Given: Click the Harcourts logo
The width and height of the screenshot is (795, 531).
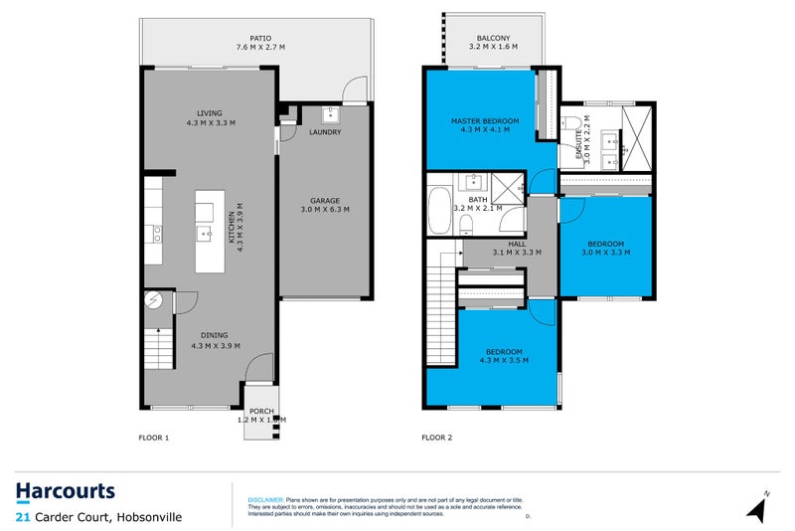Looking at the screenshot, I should coord(66,491).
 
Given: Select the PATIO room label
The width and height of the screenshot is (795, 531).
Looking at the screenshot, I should coord(260,42).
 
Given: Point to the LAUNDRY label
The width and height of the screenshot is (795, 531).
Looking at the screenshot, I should coord(326,131).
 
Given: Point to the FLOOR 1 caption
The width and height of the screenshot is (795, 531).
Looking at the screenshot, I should coord(155,438).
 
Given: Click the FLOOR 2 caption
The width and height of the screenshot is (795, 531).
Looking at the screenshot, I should coord(438,438).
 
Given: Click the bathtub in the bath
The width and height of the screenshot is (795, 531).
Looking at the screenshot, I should coord(440,211).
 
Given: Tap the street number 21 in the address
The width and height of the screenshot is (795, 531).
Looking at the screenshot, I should coord(22,516).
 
